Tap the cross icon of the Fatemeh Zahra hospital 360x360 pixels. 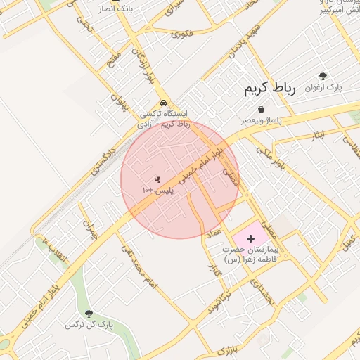251,238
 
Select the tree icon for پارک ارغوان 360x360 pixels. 323,76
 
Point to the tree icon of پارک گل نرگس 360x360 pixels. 89,314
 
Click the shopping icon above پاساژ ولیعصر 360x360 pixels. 262,110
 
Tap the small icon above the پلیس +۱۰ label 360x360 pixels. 157,179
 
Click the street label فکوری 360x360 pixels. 181,32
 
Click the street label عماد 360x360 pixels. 215,232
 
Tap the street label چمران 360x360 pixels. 89,229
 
